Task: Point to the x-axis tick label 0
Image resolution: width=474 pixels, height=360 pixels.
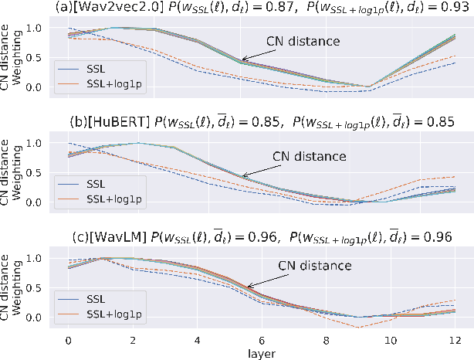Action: click(69, 339)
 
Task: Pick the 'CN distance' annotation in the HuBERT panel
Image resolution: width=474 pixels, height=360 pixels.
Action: click(310, 155)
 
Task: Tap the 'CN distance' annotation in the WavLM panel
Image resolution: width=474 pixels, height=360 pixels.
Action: click(315, 265)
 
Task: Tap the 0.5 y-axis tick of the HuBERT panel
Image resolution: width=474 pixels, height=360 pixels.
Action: click(34, 172)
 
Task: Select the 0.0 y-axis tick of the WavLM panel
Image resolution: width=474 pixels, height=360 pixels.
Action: click(34, 317)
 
